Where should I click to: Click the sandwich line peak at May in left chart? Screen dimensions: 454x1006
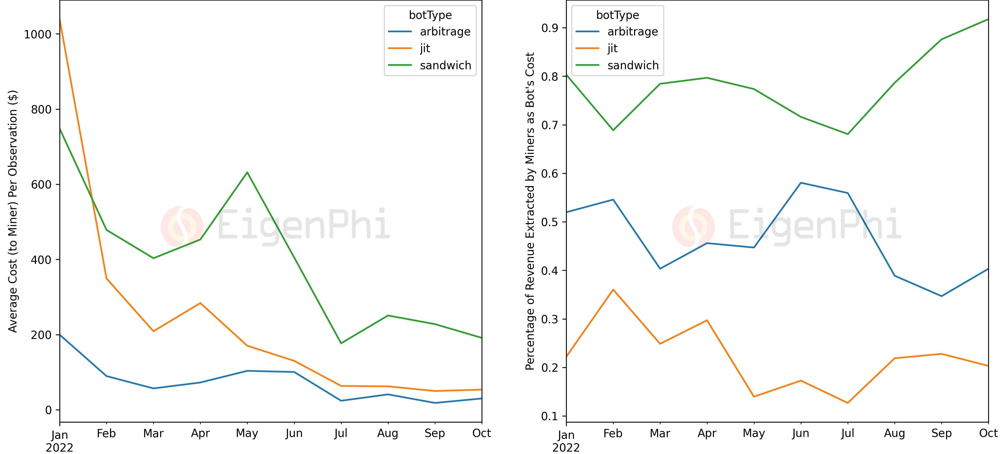[x=247, y=172]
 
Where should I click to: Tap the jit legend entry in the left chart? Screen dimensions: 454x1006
[x=425, y=48]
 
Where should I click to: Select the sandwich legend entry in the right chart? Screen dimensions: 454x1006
[x=633, y=65]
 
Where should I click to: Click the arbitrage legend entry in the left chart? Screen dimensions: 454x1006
[x=445, y=32]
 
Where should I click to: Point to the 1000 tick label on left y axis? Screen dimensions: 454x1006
[x=38, y=34]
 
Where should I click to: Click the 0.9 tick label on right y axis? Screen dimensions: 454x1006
[x=550, y=28]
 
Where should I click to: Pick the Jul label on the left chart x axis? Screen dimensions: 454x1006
[x=341, y=433]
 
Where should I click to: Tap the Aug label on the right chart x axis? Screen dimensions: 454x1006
[x=894, y=433]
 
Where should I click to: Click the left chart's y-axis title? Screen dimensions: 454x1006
[x=13, y=211]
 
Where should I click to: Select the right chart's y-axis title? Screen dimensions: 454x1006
[x=530, y=211]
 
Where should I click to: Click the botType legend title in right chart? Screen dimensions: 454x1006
[x=617, y=15]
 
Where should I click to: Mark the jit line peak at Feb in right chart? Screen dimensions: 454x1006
[x=613, y=290]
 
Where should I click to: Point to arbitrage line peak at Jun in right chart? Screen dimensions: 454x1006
[x=801, y=183]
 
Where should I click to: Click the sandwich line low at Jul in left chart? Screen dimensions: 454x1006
[x=341, y=343]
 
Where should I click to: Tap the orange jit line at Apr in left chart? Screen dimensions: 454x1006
[x=200, y=303]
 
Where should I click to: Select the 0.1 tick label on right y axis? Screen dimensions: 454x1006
[x=550, y=416]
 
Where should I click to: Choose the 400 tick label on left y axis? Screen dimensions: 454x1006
[x=41, y=260]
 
